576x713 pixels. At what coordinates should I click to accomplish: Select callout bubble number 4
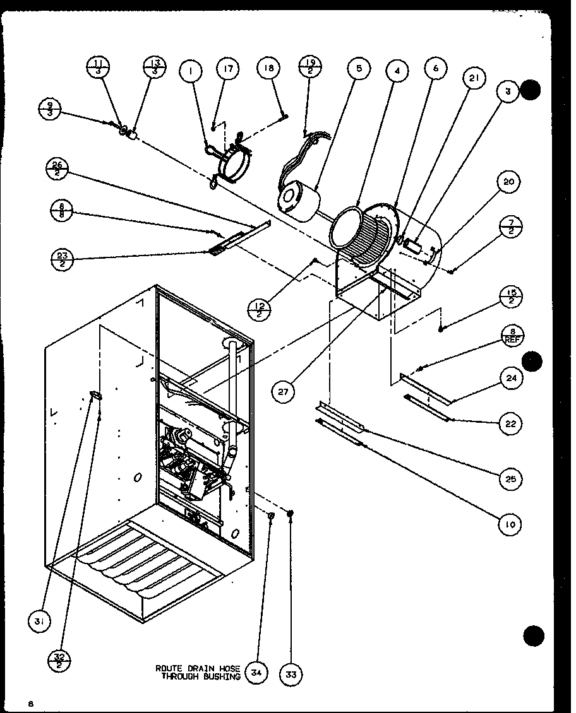pyautogui.click(x=397, y=71)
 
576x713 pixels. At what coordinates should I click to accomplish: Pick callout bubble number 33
pyautogui.click(x=291, y=674)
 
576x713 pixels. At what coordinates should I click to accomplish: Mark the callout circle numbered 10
pyautogui.click(x=510, y=523)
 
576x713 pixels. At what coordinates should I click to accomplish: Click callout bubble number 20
pyautogui.click(x=510, y=182)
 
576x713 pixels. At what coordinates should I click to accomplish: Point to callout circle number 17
pyautogui.click(x=228, y=69)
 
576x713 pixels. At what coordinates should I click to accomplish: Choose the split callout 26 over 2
pyautogui.click(x=57, y=170)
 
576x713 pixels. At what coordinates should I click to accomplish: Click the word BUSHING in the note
pyautogui.click(x=221, y=677)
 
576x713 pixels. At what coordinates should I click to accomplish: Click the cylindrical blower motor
pyautogui.click(x=299, y=198)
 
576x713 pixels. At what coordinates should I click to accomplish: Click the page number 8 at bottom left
pyautogui.click(x=30, y=703)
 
